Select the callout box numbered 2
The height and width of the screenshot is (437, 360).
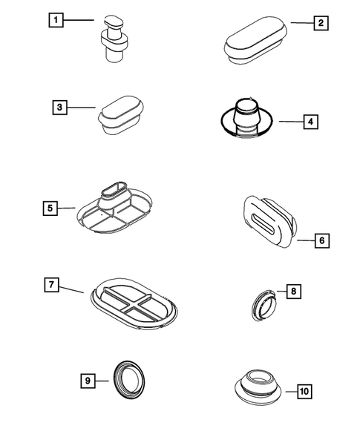coord(320,23)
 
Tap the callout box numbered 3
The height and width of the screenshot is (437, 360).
coord(59,107)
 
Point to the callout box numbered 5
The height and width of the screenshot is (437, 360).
coord(49,208)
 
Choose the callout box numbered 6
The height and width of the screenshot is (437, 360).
coord(321,240)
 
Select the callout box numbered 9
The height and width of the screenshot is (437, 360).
coord(88,380)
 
